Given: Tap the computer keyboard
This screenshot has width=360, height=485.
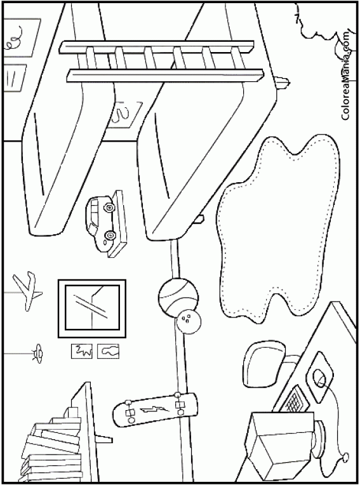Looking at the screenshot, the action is [295, 399].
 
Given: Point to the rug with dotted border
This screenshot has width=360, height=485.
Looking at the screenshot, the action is [278, 229].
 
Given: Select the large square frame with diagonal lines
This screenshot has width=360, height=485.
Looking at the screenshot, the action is [91, 308].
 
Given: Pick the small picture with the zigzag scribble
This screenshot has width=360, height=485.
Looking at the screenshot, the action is [82, 351].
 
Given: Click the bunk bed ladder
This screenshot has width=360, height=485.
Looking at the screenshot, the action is [161, 61].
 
